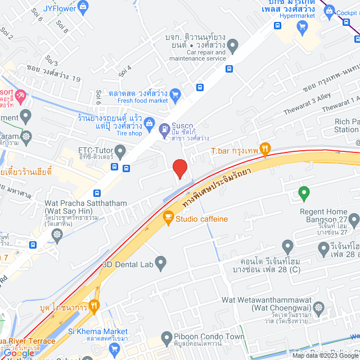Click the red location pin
tap(179, 168)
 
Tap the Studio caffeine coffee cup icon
tap(168, 217)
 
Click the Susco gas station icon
tap(164, 129)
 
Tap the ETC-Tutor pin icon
tap(120, 150)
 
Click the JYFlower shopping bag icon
tap(83, 7)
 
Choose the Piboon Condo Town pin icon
tap(166, 338)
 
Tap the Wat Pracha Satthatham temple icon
tap(56, 233)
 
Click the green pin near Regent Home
tap(304, 193)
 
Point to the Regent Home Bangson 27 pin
tap(353, 219)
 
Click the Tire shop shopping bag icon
tap(149, 122)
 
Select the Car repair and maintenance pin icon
tap(233, 45)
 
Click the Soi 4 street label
tap(125, 71)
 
